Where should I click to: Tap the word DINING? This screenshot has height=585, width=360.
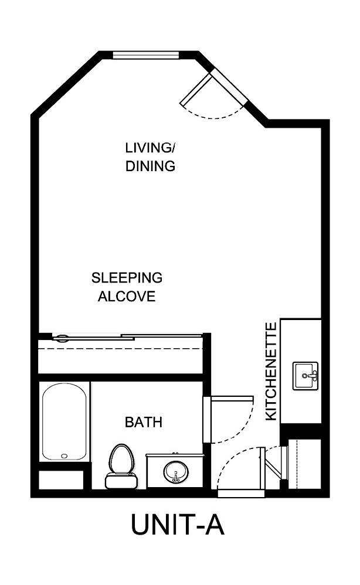click(150, 166)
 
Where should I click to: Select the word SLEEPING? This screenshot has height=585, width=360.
click(127, 277)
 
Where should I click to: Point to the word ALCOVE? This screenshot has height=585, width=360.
click(127, 297)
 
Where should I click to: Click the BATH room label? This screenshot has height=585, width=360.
click(144, 421)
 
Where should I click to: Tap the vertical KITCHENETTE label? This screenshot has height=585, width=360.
click(271, 371)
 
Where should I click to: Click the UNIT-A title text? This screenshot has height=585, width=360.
click(178, 525)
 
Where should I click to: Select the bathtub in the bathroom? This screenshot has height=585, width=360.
click(64, 421)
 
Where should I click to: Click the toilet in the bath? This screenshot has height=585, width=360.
click(120, 465)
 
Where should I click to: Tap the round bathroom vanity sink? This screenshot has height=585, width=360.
click(175, 471)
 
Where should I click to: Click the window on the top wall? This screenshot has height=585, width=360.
click(145, 56)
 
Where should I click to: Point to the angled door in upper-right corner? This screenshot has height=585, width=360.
click(214, 94)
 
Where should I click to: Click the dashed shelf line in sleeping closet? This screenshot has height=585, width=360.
click(120, 348)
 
